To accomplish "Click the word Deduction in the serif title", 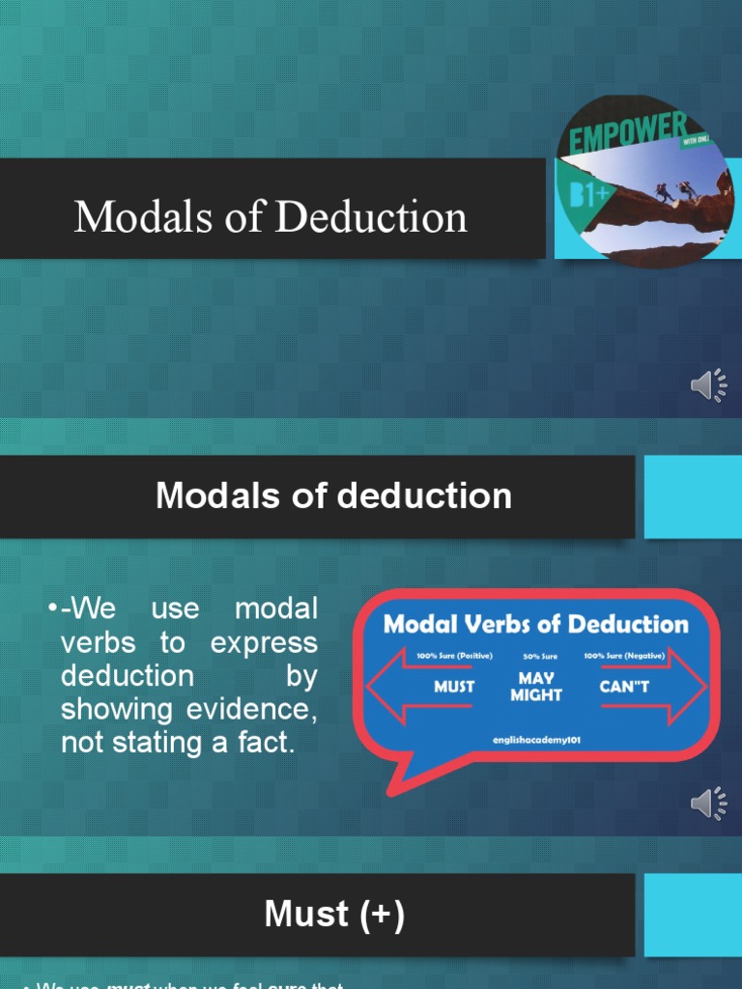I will click(371, 216).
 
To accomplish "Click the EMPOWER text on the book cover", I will click(628, 134).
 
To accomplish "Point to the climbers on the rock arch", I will click(675, 190).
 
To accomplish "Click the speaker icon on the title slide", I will click(709, 385).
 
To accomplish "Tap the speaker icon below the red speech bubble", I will click(709, 803).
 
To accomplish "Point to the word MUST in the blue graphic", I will click(453, 687).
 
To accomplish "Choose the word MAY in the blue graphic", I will click(536, 679).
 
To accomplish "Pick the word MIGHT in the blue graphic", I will click(536, 695).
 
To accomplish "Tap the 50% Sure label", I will click(539, 657).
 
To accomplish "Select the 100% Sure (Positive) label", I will click(454, 656).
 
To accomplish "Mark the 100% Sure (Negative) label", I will click(624, 656).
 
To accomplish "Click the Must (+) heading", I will click(334, 915).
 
